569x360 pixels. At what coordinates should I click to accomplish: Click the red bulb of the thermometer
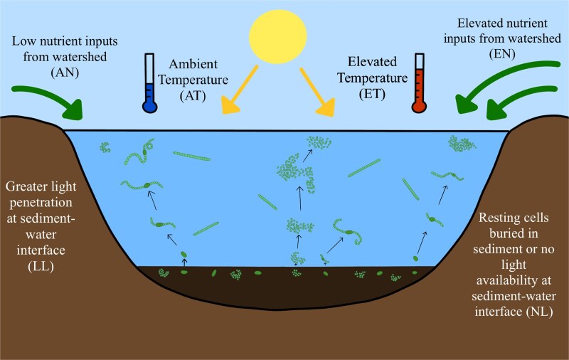click(419, 106)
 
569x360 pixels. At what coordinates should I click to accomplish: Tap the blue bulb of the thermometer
click(149, 106)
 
